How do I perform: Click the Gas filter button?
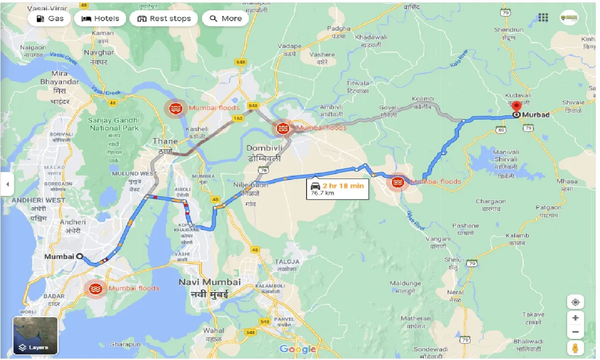point(49,19)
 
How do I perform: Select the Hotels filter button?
point(100,19)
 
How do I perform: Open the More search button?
point(225,19)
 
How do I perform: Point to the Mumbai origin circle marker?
point(80,256)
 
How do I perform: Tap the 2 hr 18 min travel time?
point(343,186)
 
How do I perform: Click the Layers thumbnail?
point(35,336)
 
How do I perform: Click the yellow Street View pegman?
point(575,348)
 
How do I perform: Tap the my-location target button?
point(575,302)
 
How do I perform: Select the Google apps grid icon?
point(543,18)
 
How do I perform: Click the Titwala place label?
point(358,87)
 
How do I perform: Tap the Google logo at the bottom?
point(298,349)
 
